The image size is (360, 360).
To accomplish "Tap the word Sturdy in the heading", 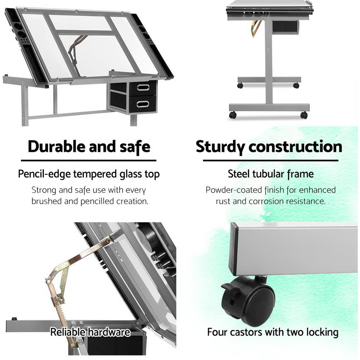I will [x=220, y=147].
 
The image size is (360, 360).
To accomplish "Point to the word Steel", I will [x=239, y=174].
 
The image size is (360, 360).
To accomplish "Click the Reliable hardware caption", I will [x=90, y=332].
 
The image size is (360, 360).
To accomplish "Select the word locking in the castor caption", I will [x=320, y=332].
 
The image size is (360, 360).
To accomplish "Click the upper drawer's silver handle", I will [x=143, y=87].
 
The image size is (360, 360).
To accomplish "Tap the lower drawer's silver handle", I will [x=143, y=104].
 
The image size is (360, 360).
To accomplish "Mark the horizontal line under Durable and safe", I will [x=89, y=161].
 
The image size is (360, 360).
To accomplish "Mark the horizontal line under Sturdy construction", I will [x=271, y=161].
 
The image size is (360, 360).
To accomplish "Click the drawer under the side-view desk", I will [x=285, y=27].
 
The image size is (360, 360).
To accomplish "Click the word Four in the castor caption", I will [x=217, y=332].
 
